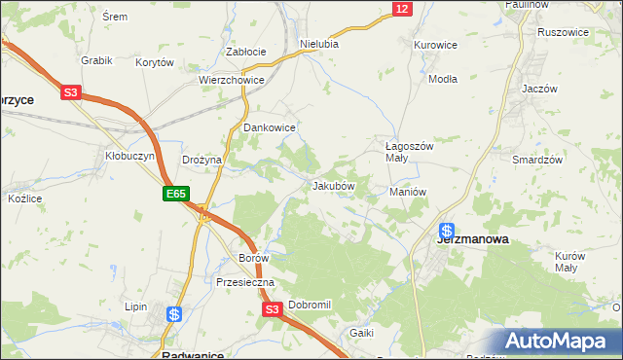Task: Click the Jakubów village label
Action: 333,185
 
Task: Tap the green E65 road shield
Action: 175,196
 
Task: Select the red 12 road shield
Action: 403,9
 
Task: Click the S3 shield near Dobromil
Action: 272,309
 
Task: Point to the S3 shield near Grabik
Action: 70,93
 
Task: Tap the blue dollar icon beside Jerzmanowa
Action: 447,232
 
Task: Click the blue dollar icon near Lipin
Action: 174,314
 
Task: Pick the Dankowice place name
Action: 269,127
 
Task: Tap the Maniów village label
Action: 409,192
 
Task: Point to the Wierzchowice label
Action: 232,81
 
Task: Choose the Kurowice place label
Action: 435,45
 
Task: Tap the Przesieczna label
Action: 246,282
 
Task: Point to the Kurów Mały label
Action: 569,262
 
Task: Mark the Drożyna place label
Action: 202,160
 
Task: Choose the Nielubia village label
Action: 319,44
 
